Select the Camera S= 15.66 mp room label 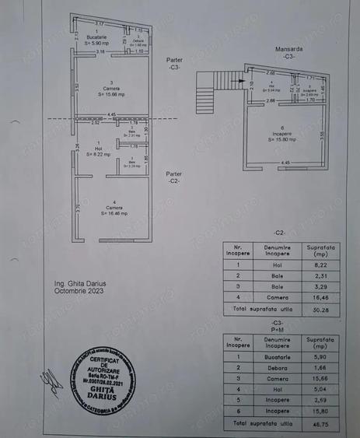114,89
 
